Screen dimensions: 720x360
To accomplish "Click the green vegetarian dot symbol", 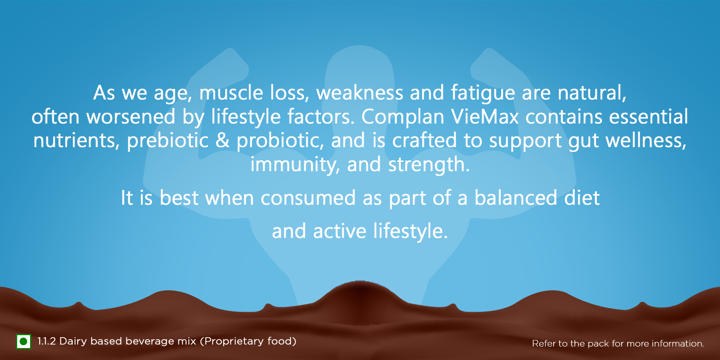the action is [23, 342].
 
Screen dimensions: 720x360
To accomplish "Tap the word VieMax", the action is [485, 117].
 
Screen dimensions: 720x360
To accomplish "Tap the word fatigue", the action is [483, 94].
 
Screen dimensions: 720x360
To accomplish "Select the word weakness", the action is [360, 93].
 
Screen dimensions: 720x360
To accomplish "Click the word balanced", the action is [516, 198].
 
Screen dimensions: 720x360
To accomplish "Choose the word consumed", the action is [308, 198].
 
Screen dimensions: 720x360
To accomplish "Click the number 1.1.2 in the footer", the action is [46, 341].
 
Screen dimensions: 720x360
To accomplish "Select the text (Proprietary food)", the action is [248, 342].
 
